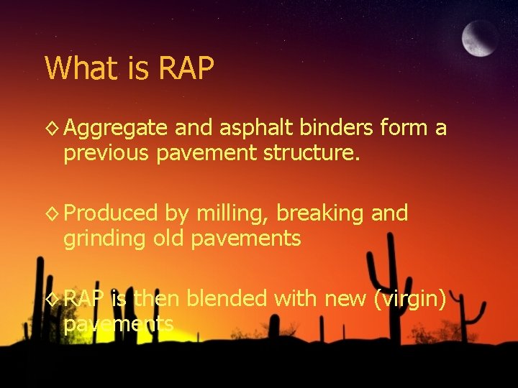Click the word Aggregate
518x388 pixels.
115,129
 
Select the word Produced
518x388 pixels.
110,213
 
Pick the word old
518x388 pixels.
168,239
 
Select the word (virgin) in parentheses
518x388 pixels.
410,298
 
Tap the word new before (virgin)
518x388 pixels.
345,298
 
